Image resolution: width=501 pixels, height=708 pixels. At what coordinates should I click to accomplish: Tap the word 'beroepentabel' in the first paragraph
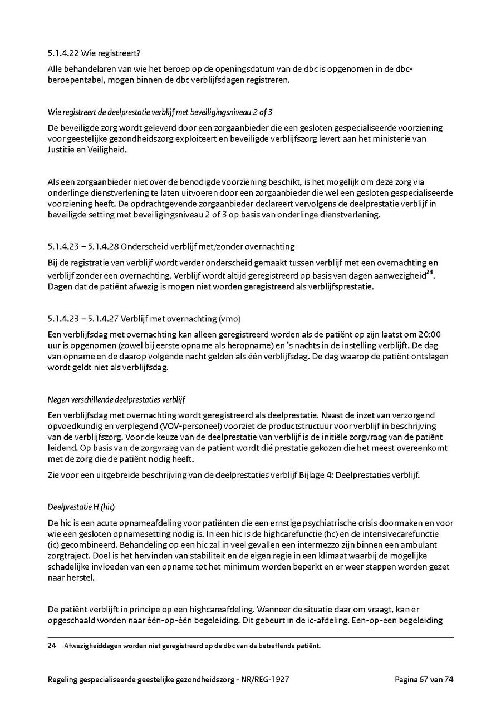click(75, 80)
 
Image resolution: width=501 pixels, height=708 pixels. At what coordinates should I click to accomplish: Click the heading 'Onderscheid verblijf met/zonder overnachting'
click(208, 246)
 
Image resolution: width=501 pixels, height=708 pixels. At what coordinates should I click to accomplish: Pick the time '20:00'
click(429, 334)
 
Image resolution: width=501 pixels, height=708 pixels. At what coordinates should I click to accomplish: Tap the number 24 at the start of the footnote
click(52, 646)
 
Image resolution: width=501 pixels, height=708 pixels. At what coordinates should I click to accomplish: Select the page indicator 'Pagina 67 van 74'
click(424, 679)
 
